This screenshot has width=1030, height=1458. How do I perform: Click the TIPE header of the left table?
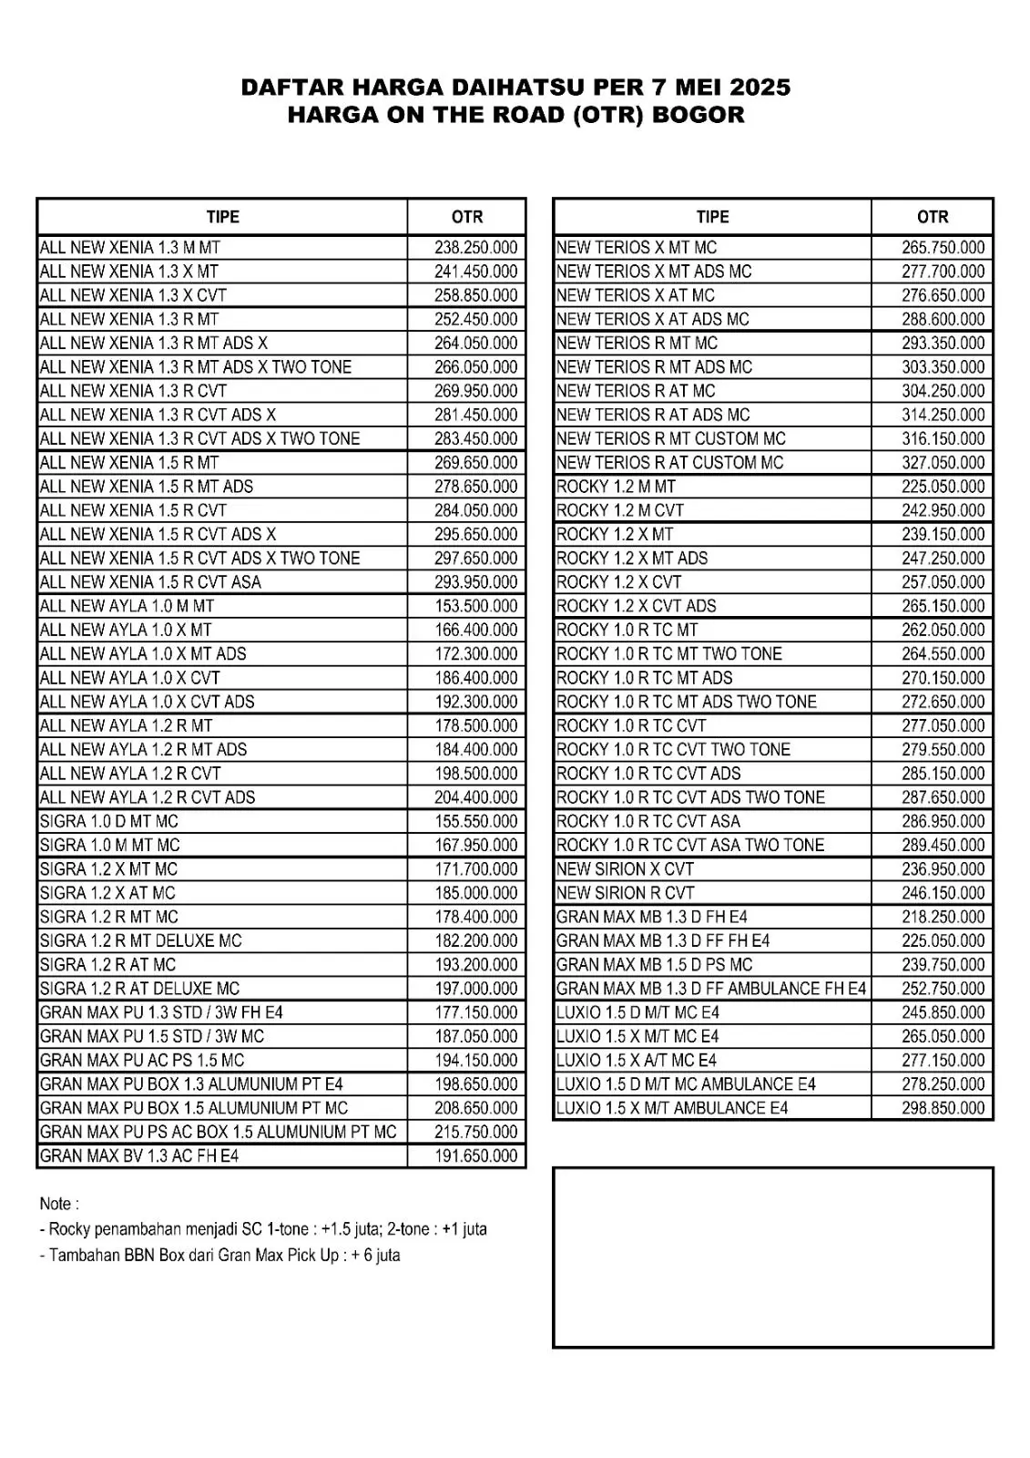click(222, 217)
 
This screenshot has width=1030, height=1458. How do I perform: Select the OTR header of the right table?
click(933, 217)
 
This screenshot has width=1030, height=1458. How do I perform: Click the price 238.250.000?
click(475, 248)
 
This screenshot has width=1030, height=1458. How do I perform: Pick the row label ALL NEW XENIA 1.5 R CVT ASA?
click(150, 582)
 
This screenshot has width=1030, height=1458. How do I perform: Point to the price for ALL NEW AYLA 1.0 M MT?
click(475, 606)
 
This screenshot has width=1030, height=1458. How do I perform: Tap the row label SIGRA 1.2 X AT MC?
click(107, 893)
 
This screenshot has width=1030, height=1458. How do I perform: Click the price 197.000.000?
click(475, 989)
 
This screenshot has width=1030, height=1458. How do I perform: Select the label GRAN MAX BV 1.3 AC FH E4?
click(139, 1156)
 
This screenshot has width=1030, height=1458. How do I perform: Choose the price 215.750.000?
click(475, 1132)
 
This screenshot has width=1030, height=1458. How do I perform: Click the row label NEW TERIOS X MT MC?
click(637, 248)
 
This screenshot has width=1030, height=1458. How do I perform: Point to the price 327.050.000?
click(943, 463)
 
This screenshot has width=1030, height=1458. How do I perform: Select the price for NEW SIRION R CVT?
click(943, 893)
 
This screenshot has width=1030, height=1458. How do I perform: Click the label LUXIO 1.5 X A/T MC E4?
click(637, 1061)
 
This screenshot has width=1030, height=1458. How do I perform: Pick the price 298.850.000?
click(943, 1108)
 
